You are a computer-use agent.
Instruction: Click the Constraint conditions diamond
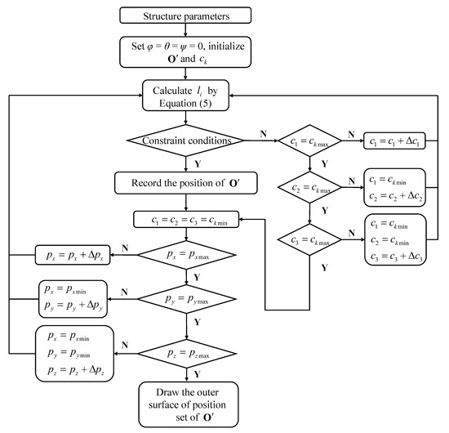(189, 141)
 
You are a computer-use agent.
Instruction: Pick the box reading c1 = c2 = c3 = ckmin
(189, 219)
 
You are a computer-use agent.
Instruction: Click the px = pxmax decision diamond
(189, 255)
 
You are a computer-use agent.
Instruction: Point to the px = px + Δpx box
(71, 256)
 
